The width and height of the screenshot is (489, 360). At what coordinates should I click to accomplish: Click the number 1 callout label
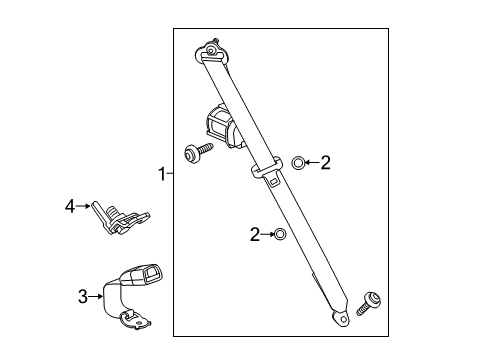point(160,174)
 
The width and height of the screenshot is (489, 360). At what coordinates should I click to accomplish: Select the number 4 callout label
point(69,207)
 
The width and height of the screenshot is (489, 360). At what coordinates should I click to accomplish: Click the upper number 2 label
point(325,162)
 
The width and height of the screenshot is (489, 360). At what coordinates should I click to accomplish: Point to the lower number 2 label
point(255,234)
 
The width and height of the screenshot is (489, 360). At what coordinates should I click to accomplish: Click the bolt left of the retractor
point(194,154)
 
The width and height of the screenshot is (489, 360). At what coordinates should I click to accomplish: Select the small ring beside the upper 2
point(298,162)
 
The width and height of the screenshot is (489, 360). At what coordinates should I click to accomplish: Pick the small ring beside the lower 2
point(280,234)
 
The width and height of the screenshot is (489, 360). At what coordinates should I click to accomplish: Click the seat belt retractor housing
point(221,127)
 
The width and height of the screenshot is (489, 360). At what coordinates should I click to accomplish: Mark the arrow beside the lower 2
point(267,234)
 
